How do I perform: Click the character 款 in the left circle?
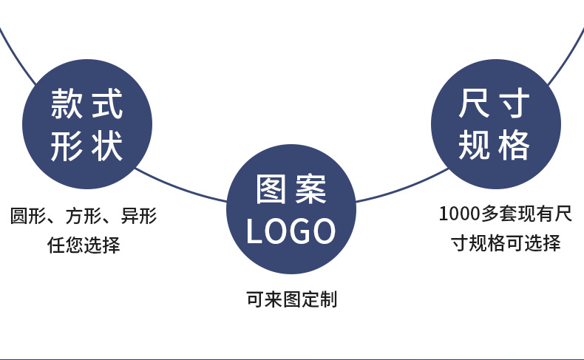[66, 104]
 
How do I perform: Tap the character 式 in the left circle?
[107, 104]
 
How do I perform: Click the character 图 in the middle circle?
[270, 191]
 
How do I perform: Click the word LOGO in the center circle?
[291, 231]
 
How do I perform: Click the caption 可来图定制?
[291, 299]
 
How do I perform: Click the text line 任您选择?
[84, 245]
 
